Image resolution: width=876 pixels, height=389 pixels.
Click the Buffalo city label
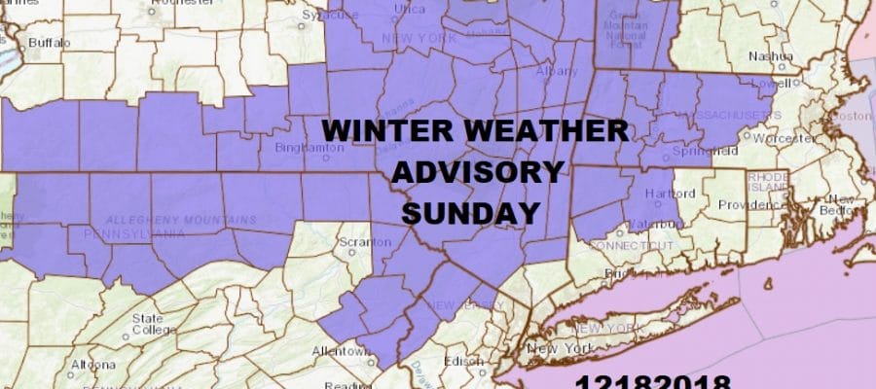49,43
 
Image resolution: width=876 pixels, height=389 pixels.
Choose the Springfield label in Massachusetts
698,153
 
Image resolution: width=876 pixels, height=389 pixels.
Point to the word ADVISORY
477,172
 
